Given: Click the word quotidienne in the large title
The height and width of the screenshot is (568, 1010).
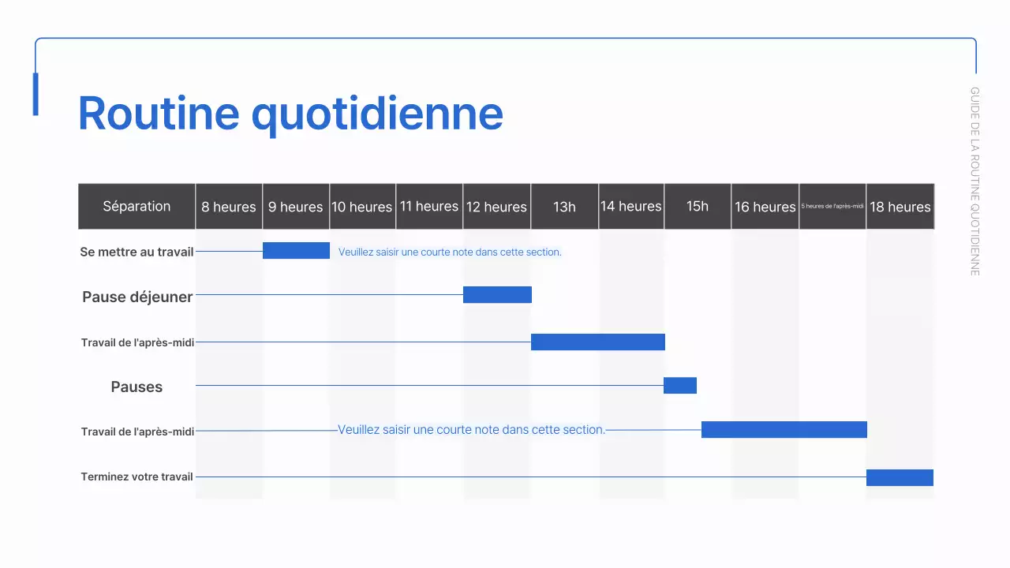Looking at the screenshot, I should tap(377, 114).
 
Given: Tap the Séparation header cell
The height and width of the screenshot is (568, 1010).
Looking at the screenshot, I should tap(137, 207).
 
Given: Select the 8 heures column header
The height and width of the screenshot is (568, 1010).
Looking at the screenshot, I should tap(229, 207).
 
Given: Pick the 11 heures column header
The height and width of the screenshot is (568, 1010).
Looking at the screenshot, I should tap(429, 207).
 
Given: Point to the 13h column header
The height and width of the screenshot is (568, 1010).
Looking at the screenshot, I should tap(564, 207).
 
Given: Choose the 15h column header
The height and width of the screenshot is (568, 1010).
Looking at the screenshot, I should tap(698, 207).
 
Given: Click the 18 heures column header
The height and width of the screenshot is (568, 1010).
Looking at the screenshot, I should tap(900, 207).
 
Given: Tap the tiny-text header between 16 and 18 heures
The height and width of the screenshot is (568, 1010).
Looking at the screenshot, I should tap(832, 207).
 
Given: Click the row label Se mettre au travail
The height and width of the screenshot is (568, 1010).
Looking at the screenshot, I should tap(137, 252).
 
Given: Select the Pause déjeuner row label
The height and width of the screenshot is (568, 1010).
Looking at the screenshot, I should tap(137, 297).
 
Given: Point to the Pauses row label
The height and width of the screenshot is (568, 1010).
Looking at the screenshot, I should tap(137, 387).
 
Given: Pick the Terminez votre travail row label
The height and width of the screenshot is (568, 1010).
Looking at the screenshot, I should tap(137, 476).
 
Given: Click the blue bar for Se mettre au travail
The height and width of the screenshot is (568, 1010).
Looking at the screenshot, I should tap(296, 251).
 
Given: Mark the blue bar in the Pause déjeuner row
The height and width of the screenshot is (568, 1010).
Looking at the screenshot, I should tap(497, 295).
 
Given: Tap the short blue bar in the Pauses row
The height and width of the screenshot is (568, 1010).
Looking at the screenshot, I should tap(680, 385).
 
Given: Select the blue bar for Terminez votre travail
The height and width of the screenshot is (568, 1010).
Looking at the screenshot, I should tap(900, 477).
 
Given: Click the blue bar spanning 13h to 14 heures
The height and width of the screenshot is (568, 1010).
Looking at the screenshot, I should tap(598, 342).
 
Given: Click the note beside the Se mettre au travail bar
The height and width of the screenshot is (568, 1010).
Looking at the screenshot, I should tap(450, 252).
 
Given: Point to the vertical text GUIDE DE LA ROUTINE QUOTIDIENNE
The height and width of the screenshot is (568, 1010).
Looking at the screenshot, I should tap(975, 181).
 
